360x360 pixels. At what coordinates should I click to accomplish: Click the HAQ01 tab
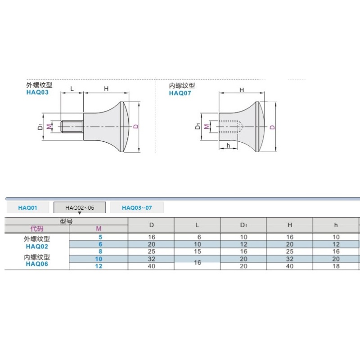click(x=27, y=207)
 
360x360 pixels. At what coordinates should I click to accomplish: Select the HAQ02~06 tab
click(x=80, y=207)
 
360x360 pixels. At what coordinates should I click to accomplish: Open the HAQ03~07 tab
click(x=137, y=207)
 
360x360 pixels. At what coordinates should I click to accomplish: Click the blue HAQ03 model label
click(x=37, y=92)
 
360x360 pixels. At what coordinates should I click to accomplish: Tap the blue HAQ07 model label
click(x=180, y=93)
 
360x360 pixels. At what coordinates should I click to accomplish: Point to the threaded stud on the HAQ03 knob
click(x=72, y=126)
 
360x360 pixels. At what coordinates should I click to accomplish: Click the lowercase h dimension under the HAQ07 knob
click(x=228, y=145)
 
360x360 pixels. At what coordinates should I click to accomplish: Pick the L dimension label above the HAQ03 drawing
click(x=72, y=89)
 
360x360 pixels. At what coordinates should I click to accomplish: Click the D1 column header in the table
click(x=243, y=225)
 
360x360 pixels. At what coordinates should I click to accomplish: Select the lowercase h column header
click(x=336, y=225)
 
